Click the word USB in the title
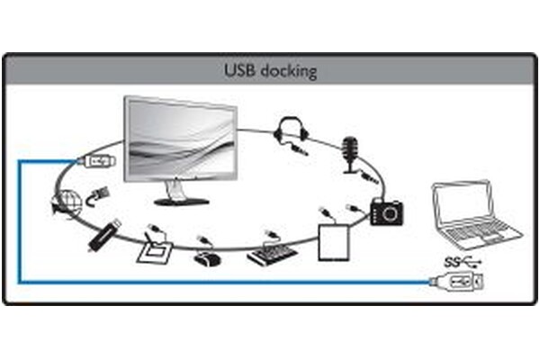[239, 70]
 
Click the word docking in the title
[289, 71]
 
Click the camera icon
[386, 211]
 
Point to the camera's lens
[391, 213]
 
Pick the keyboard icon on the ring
[272, 254]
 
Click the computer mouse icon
[207, 259]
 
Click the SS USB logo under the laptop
[463, 263]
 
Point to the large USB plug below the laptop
[457, 282]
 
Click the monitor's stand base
[182, 202]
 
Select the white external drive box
[334, 242]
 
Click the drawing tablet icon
[155, 253]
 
